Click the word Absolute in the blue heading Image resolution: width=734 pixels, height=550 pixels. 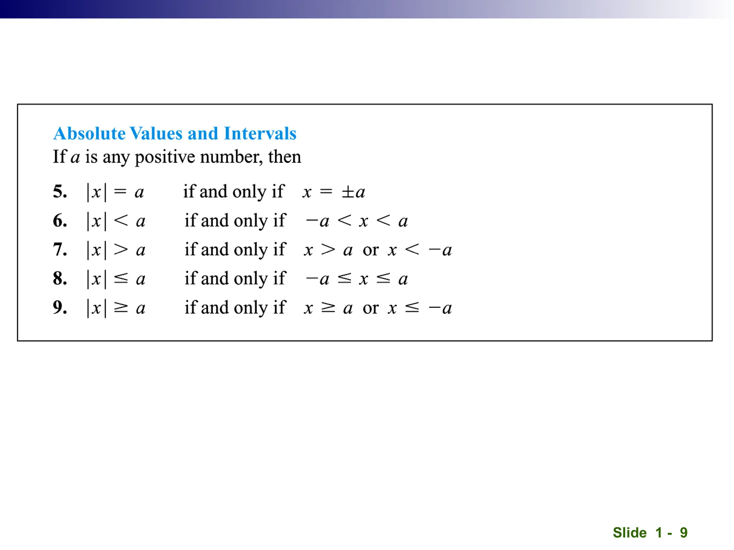pyautogui.click(x=90, y=134)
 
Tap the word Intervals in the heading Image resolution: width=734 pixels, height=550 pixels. pyautogui.click(x=260, y=134)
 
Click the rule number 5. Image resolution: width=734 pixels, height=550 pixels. pyautogui.click(x=60, y=192)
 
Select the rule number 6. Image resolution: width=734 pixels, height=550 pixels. pyautogui.click(x=60, y=221)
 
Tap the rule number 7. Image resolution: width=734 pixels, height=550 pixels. pyautogui.click(x=60, y=250)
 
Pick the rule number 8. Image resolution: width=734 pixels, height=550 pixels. pyautogui.click(x=60, y=279)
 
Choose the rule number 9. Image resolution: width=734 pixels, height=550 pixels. pyautogui.click(x=60, y=308)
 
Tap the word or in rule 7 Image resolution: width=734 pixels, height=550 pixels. pyautogui.click(x=371, y=250)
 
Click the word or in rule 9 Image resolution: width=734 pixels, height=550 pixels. pyautogui.click(x=371, y=308)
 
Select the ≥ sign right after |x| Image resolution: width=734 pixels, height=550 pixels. pyautogui.click(x=121, y=308)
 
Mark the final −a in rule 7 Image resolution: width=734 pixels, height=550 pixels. pyautogui.click(x=440, y=250)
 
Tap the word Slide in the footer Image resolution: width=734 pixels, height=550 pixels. pyautogui.click(x=630, y=532)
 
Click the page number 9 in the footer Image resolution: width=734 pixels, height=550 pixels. pyautogui.click(x=684, y=532)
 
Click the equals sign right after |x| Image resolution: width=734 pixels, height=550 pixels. pyautogui.click(x=120, y=192)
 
